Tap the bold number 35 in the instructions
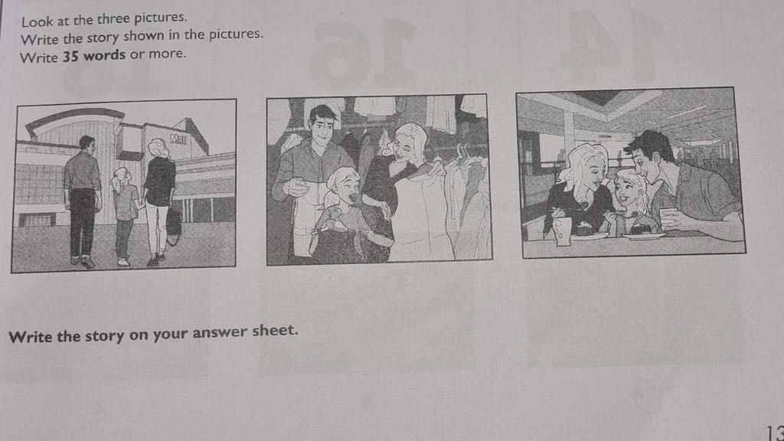(x=70, y=56)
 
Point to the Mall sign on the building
(x=178, y=139)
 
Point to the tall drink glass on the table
(x=563, y=230)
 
